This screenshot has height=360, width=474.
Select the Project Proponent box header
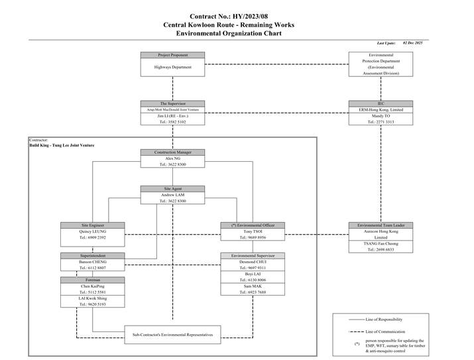pos(172,54)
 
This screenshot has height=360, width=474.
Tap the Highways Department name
pos(172,67)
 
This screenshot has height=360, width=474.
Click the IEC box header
pos(381,103)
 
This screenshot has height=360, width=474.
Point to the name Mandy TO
pos(381,115)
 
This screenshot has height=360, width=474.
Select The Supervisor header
pos(172,103)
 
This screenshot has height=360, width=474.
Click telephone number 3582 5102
pos(172,122)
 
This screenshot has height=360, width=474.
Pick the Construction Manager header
pos(172,152)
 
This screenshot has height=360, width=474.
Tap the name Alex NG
pos(172,158)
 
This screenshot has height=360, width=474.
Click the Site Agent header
pos(172,189)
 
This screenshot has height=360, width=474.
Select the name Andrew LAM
pos(172,195)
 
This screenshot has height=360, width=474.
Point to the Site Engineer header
pos(93,225)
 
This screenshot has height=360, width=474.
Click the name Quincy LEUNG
pos(93,231)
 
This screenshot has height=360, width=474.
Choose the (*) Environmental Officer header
pos(253,225)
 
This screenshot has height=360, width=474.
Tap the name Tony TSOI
pos(253,231)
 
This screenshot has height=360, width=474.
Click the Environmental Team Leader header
pos(381,225)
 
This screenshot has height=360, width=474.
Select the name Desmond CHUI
pos(253,262)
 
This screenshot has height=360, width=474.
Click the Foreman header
pos(93,280)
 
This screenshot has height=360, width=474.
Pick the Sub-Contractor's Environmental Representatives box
pos(172,335)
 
